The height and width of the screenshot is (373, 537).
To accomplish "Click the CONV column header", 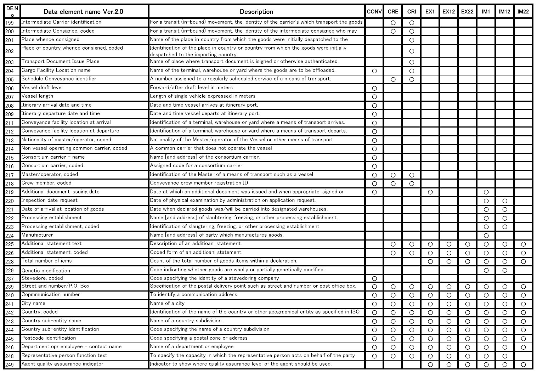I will coord(374,11).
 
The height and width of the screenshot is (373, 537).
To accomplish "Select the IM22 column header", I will coord(523,11).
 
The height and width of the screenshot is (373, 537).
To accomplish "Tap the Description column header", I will coord(256,11).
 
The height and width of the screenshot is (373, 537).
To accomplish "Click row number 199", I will coord(10,23).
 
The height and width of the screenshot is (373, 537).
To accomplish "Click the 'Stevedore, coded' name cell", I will coord(42,278).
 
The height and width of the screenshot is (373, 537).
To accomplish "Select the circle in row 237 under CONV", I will coord(374,279).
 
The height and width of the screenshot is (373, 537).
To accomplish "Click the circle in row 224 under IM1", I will coord(486,236).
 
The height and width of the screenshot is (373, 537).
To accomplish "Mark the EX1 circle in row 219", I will coord(430,192).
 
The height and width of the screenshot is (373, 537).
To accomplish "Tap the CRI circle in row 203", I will coord(412,62).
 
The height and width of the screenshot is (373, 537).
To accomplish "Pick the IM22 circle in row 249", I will coord(523,364).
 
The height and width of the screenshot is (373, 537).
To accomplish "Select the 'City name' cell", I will coord(33,303).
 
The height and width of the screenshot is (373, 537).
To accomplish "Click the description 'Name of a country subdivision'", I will coord(186,321).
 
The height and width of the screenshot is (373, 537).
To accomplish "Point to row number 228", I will coord(10,261).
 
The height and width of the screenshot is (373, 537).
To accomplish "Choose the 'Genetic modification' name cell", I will coord(46,270).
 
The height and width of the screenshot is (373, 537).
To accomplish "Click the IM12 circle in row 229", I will coord(505,271).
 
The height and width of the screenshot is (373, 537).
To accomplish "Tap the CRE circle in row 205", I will coord(393,79).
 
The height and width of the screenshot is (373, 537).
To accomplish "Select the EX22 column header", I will coord(467,11).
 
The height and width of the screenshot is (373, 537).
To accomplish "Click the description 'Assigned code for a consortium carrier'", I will coord(196,165).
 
